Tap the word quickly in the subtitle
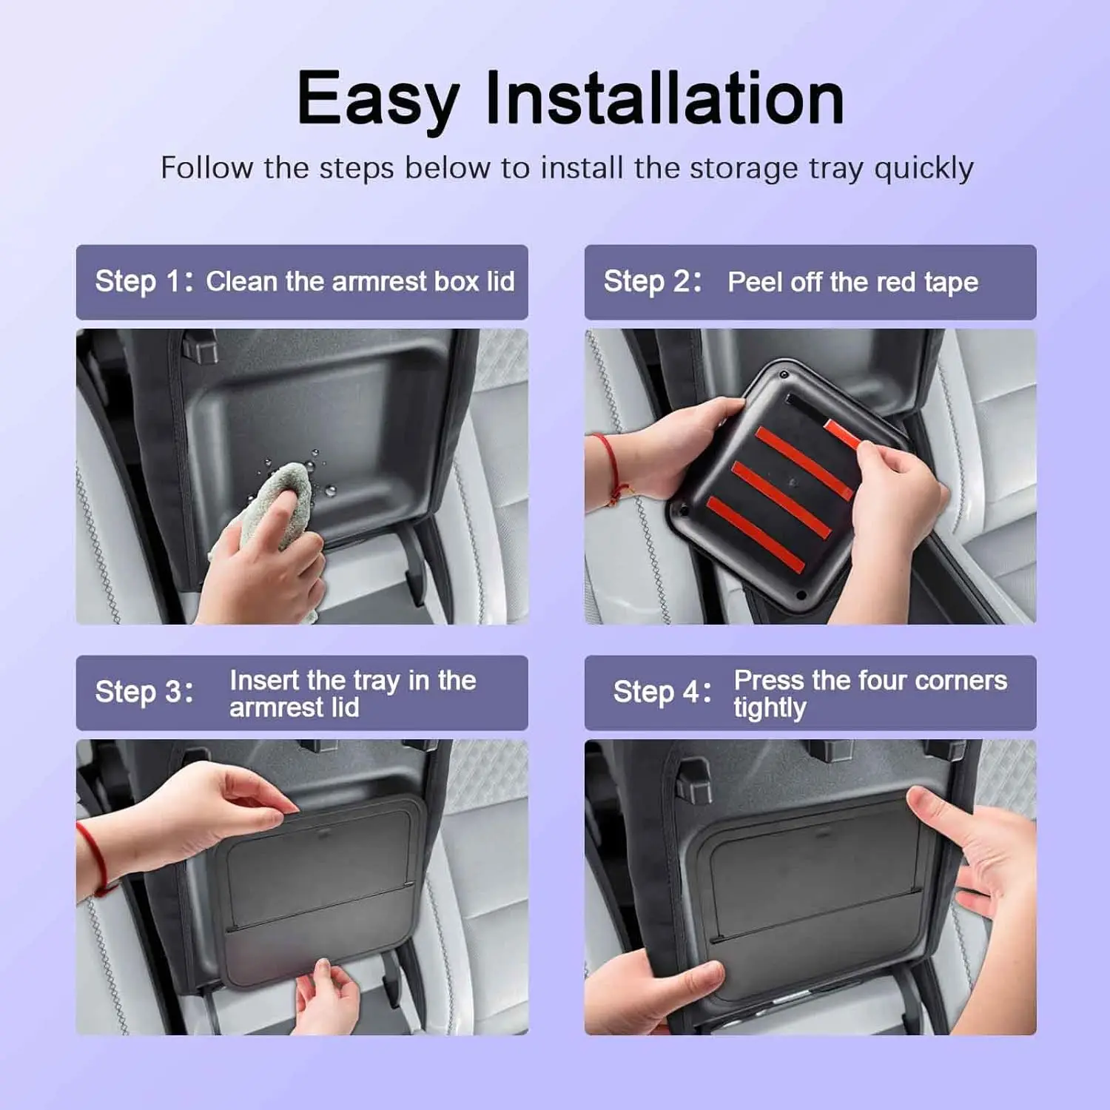tap(924, 169)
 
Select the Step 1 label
tap(144, 282)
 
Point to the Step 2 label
tap(653, 282)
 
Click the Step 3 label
tap(144, 693)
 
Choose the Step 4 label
tap(662, 693)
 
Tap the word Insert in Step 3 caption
tap(264, 680)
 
